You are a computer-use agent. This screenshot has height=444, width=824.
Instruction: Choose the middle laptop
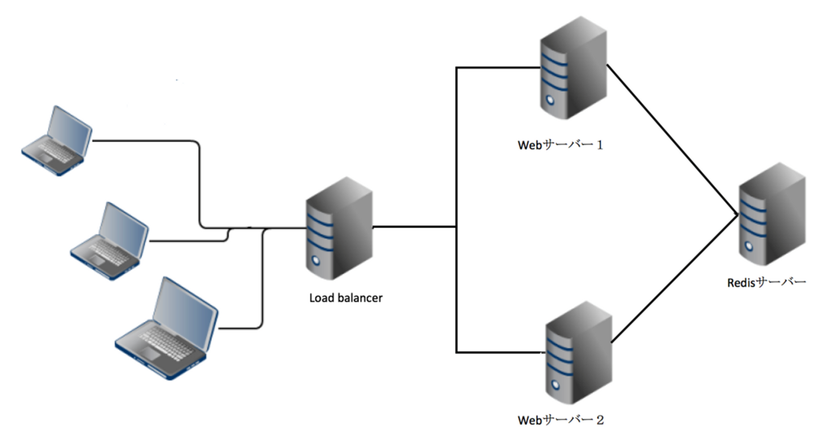[109, 240]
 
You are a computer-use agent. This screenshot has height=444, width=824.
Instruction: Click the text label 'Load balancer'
[346, 298]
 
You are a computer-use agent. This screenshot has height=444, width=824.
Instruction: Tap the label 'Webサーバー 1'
[561, 145]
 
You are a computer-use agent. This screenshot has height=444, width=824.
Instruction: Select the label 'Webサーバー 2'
[561, 421]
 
